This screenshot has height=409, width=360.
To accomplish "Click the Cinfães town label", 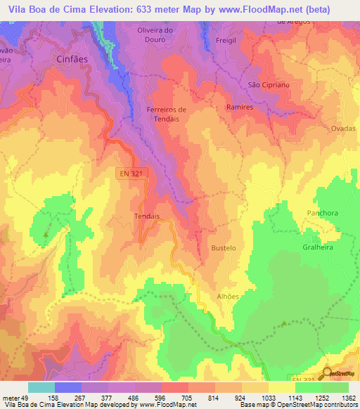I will tap(71, 60).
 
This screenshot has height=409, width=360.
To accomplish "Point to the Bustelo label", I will tap(224, 249).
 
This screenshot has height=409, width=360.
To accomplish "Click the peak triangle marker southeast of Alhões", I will tap(283, 324).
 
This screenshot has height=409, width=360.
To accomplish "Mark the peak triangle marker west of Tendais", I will tap(46, 233).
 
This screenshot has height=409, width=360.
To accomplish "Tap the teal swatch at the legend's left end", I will tap(41, 387).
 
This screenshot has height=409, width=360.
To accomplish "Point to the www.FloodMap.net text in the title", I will tap(264, 9).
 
